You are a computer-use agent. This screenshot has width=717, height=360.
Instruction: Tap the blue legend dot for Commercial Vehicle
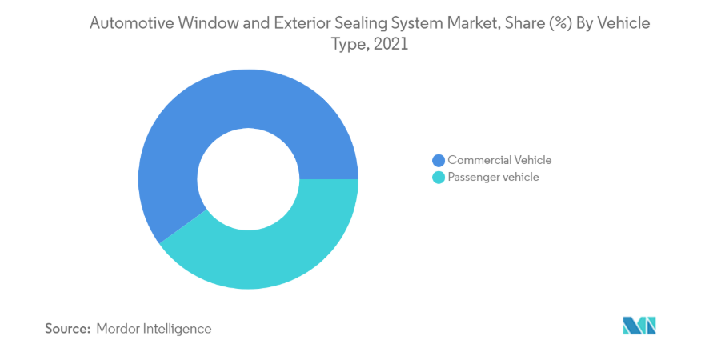point(438,160)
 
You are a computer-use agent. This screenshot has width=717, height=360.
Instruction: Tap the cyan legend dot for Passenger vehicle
point(438,177)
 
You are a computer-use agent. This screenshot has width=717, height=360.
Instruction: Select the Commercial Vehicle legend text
point(499,160)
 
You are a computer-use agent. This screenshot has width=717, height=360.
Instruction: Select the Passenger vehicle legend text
point(493,177)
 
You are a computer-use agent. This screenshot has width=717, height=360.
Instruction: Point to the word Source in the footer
point(68,328)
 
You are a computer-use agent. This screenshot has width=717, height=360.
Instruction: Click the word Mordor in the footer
point(119,328)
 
